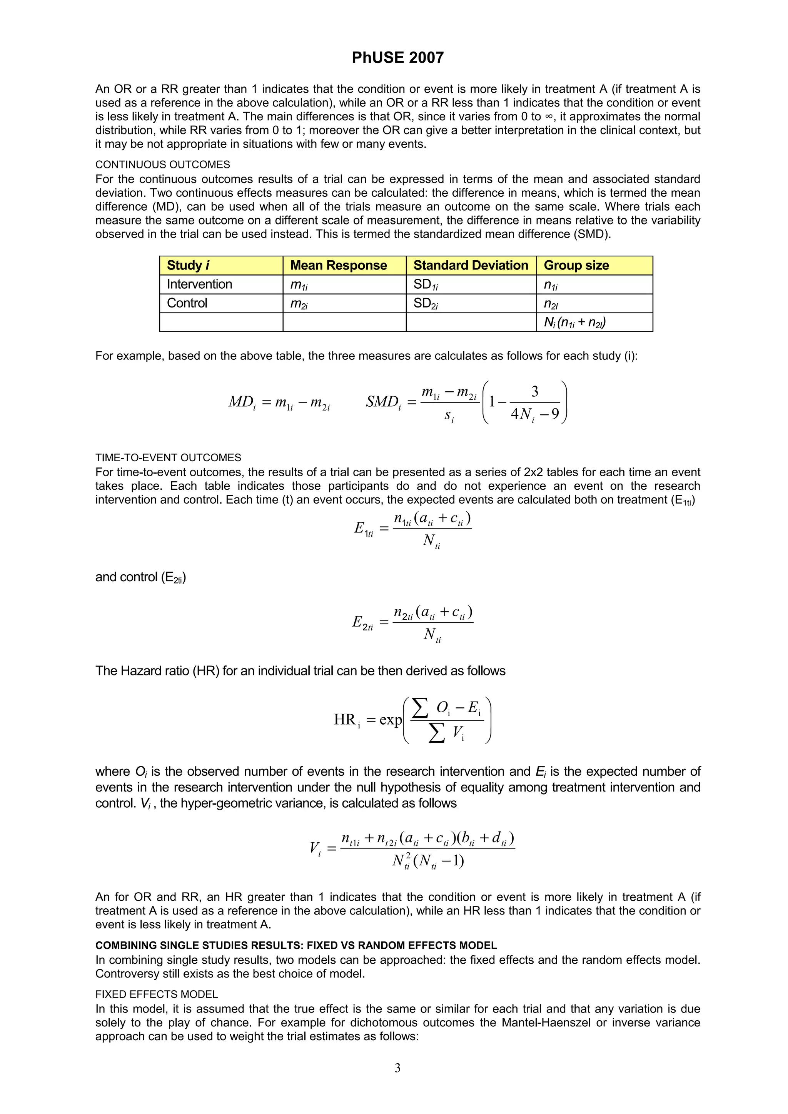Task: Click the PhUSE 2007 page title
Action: coord(397,58)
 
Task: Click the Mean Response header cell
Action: coord(339,265)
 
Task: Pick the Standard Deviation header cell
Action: coord(471,265)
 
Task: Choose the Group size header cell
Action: coord(576,265)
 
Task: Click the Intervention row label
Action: coord(200,284)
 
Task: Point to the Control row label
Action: coord(187,303)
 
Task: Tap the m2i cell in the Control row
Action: coord(299,304)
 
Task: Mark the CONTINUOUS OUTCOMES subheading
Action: coord(163,165)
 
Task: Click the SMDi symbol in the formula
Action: coord(383,402)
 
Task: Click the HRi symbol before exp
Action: coord(347,720)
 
